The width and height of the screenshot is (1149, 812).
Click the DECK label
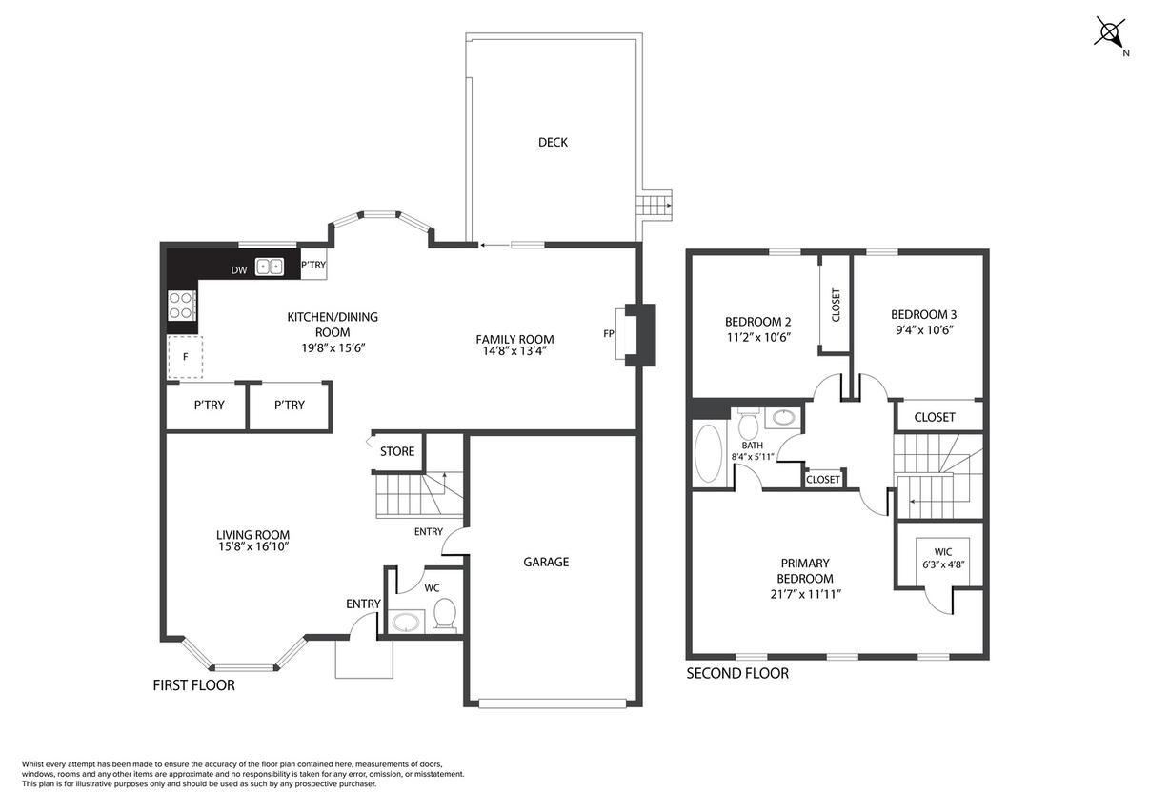[x=553, y=142]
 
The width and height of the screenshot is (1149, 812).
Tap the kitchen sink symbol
[x=270, y=267]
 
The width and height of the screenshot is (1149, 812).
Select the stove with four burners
[x=182, y=305]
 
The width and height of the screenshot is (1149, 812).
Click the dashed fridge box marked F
[x=185, y=357]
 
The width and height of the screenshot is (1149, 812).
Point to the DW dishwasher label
[x=239, y=270]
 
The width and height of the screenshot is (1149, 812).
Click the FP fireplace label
[x=609, y=334]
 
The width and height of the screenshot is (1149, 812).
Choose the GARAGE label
[x=546, y=562]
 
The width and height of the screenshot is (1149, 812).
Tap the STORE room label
[x=397, y=451]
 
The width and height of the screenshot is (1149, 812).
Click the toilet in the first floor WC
[x=445, y=615]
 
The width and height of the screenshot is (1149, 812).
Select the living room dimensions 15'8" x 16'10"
[x=253, y=547]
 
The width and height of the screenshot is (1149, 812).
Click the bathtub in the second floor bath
[x=708, y=453]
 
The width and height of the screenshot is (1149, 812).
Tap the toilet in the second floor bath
[x=748, y=423]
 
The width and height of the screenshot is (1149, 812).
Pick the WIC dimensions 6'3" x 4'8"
[x=943, y=564]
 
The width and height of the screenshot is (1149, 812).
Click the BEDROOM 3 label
[x=924, y=314]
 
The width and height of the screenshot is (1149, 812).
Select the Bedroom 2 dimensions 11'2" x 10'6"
[x=758, y=337]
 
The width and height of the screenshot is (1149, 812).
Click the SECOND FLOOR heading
[x=737, y=673]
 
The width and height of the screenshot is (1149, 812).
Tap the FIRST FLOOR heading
[x=194, y=685]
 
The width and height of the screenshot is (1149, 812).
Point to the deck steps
[x=655, y=206]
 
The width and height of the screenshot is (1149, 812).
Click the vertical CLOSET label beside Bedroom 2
[x=837, y=305]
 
